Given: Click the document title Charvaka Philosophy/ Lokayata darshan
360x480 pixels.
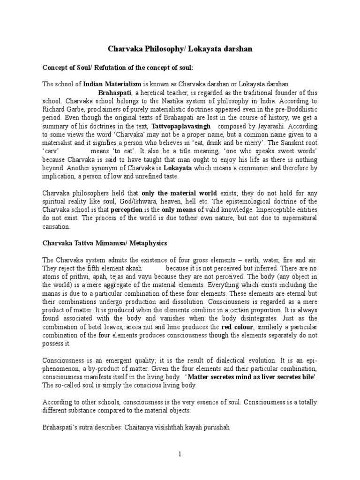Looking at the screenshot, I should click(180, 49).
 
